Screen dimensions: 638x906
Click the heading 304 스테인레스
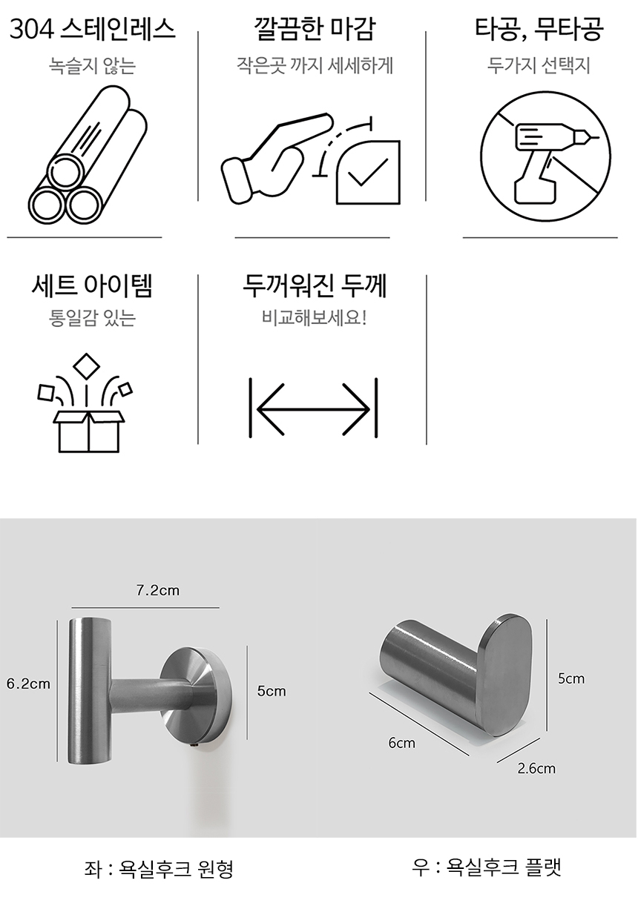tap(92, 29)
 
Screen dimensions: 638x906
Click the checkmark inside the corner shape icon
tap(368, 172)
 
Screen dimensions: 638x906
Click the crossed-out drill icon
tap(545, 156)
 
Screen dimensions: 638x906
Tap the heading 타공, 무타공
tap(539, 29)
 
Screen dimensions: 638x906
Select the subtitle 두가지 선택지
tap(539, 65)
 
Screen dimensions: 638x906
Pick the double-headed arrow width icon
tap(314, 409)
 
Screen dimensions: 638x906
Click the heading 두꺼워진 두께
tap(315, 286)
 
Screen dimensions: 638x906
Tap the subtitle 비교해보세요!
tap(314, 318)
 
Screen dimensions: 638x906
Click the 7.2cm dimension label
tap(158, 590)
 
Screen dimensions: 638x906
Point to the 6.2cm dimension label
tap(28, 684)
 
